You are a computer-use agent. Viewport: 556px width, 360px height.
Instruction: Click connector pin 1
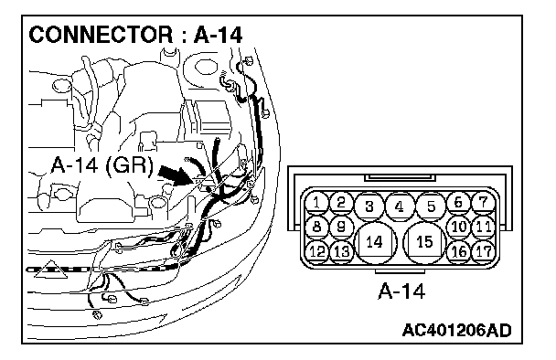[316, 203]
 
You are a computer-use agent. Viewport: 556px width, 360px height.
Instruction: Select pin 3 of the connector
[369, 206]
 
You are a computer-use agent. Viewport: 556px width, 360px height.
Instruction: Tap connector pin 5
[431, 206]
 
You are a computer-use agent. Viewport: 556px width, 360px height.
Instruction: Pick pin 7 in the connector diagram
[484, 203]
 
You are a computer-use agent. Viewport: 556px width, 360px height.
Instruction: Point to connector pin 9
[341, 227]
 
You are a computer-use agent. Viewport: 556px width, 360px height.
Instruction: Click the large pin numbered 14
[374, 242]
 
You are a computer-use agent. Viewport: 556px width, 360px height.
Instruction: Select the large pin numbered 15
[424, 242]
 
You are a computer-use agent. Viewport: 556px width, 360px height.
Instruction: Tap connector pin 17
[484, 251]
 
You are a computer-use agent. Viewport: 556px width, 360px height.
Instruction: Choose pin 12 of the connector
[316, 251]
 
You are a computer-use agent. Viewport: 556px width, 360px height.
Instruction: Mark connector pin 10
[459, 227]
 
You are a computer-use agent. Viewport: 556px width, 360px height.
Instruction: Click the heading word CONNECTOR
[101, 35]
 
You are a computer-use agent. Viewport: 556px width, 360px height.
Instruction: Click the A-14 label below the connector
[401, 291]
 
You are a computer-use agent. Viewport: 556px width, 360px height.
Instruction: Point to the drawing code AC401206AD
[456, 330]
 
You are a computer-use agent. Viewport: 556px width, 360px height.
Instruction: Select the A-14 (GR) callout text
[102, 165]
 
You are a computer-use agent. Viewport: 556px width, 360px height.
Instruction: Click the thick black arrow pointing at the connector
[176, 175]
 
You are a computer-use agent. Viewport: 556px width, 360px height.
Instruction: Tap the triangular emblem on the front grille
[52, 270]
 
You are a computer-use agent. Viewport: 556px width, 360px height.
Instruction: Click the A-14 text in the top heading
[218, 35]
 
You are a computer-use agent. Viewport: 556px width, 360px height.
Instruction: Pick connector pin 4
[400, 206]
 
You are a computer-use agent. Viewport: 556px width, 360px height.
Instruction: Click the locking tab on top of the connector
[400, 177]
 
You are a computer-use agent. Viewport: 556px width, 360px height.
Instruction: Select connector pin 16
[459, 251]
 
